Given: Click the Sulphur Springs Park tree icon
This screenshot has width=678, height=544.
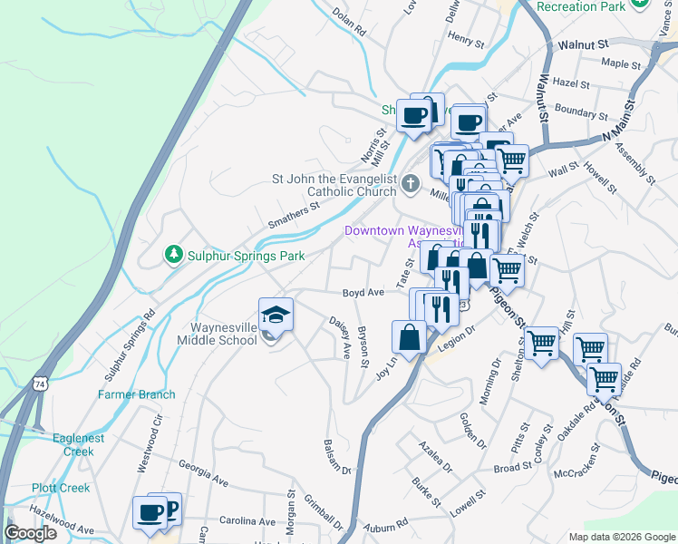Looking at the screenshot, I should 173,256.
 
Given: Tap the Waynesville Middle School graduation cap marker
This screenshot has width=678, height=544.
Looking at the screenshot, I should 276,315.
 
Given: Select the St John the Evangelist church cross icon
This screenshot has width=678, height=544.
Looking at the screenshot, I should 410,185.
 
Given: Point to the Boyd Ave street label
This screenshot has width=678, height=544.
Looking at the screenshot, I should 363,293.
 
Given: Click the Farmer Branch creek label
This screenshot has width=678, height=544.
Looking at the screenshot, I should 137,394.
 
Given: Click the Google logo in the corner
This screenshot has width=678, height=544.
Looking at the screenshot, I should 31,533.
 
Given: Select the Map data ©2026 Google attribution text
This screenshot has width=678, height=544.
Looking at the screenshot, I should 621,537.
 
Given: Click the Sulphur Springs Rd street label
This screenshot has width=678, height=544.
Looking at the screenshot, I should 130,345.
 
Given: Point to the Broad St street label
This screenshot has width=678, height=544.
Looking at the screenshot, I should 512,468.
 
